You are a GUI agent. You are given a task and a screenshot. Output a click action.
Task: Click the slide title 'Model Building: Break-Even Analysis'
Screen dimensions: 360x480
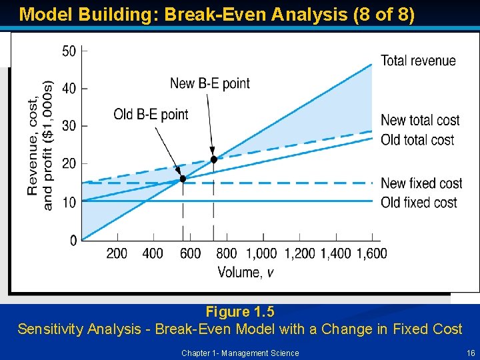tap(217, 15)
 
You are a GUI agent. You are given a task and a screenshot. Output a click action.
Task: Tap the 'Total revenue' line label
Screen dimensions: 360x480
tap(418, 61)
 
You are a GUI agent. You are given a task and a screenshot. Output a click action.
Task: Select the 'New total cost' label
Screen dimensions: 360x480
tap(420, 121)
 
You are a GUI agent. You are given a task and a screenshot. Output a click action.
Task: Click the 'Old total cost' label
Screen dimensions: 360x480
tap(417, 140)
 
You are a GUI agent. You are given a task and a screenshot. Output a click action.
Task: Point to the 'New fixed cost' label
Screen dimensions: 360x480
tap(421, 183)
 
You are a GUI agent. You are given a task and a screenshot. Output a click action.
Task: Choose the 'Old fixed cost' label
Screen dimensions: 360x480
tap(419, 202)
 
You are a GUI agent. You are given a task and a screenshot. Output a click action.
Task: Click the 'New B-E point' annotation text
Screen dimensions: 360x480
tap(210, 83)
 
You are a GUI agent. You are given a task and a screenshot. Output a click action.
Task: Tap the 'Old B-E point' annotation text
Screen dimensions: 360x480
tap(151, 115)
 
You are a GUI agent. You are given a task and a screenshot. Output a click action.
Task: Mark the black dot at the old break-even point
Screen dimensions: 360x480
tap(183, 179)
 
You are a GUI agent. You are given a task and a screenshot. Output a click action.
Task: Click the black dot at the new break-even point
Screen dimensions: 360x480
tap(214, 159)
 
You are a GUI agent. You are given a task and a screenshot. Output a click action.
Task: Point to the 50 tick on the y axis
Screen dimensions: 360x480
tap(69, 51)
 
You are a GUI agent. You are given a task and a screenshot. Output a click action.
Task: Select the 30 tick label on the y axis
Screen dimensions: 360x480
tap(69, 126)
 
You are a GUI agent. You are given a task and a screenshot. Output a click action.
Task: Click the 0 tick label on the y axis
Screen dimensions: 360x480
tap(73, 240)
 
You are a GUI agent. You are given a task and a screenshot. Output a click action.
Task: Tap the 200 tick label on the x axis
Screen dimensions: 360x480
tap(117, 253)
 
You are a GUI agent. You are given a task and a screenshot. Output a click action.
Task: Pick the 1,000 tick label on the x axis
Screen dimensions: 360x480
tap(261, 253)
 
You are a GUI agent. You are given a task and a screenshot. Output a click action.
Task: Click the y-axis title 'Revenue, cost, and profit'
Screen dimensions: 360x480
tap(39, 146)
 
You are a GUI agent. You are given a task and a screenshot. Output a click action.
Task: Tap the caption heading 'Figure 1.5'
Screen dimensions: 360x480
tap(239, 312)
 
